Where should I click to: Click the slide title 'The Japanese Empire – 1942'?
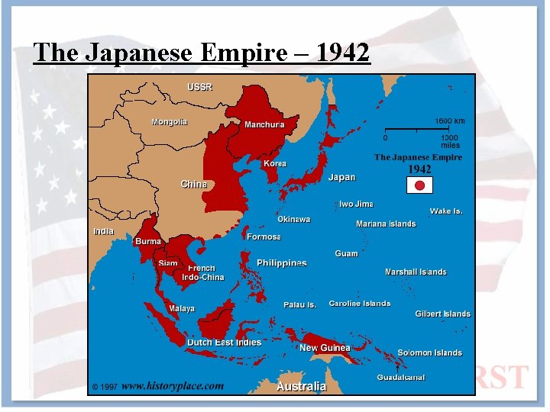[x=202, y=52]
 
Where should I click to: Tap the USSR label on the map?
[x=200, y=86]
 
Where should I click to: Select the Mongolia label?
[x=169, y=122]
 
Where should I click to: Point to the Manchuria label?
[x=264, y=124]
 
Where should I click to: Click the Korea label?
[x=275, y=164]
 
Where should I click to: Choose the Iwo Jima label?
[x=356, y=204]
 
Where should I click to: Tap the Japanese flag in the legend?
[x=419, y=185]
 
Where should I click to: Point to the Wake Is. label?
[x=446, y=211]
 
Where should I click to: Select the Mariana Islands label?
[x=386, y=224]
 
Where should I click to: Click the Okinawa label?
[x=293, y=220]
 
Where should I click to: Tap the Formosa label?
[x=264, y=237]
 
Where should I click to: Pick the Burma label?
[x=148, y=241]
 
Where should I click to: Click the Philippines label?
[x=282, y=263]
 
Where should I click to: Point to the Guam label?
[x=346, y=253]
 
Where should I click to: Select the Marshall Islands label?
[x=416, y=272]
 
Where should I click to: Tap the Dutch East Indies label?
[x=224, y=343]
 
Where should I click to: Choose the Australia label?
[x=301, y=387]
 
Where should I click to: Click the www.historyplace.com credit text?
[x=173, y=386]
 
